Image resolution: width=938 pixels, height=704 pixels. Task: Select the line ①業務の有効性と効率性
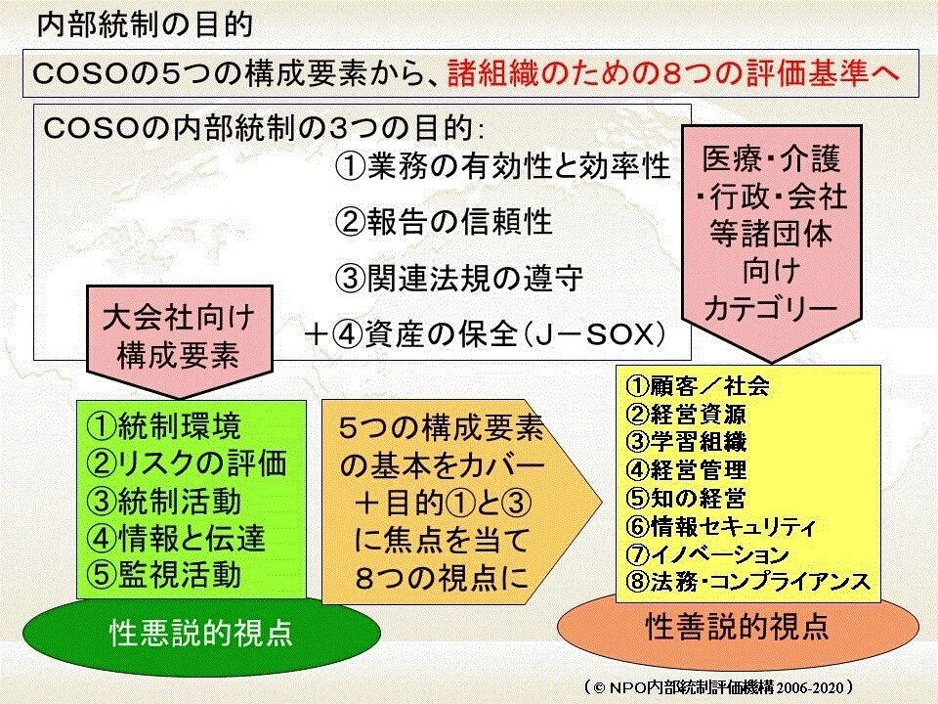[x=502, y=166]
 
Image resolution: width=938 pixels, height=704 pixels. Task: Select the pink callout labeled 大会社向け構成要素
[x=178, y=334]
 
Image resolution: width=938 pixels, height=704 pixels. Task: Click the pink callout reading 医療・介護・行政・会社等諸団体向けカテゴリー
[x=771, y=233]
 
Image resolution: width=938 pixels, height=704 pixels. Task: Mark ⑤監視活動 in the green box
[x=164, y=573]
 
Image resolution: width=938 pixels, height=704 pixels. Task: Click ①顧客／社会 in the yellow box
[x=697, y=385]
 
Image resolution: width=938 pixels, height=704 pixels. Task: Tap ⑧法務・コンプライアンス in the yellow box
[x=746, y=583]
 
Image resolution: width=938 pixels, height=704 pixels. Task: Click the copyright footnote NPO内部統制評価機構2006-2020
[x=718, y=686]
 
